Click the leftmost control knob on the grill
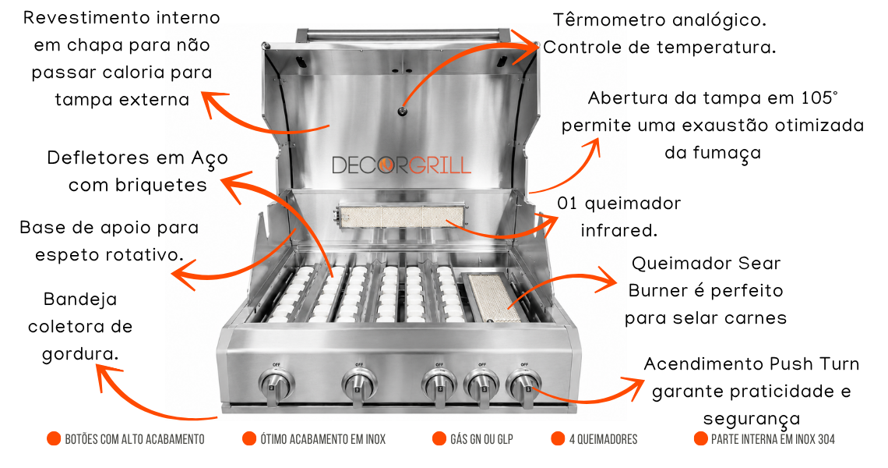(x=276, y=386)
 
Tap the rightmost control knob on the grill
(x=524, y=386)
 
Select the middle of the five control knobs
(x=439, y=386)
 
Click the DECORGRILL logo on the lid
(x=401, y=165)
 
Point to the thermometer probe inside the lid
(x=402, y=111)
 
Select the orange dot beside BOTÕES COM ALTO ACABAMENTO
(x=54, y=438)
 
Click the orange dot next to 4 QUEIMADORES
(x=558, y=438)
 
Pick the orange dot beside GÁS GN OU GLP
(x=439, y=438)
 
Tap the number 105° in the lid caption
(x=819, y=97)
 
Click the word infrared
(x=619, y=230)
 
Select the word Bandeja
(x=80, y=299)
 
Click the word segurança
(x=752, y=420)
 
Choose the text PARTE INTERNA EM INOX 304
(x=773, y=439)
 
